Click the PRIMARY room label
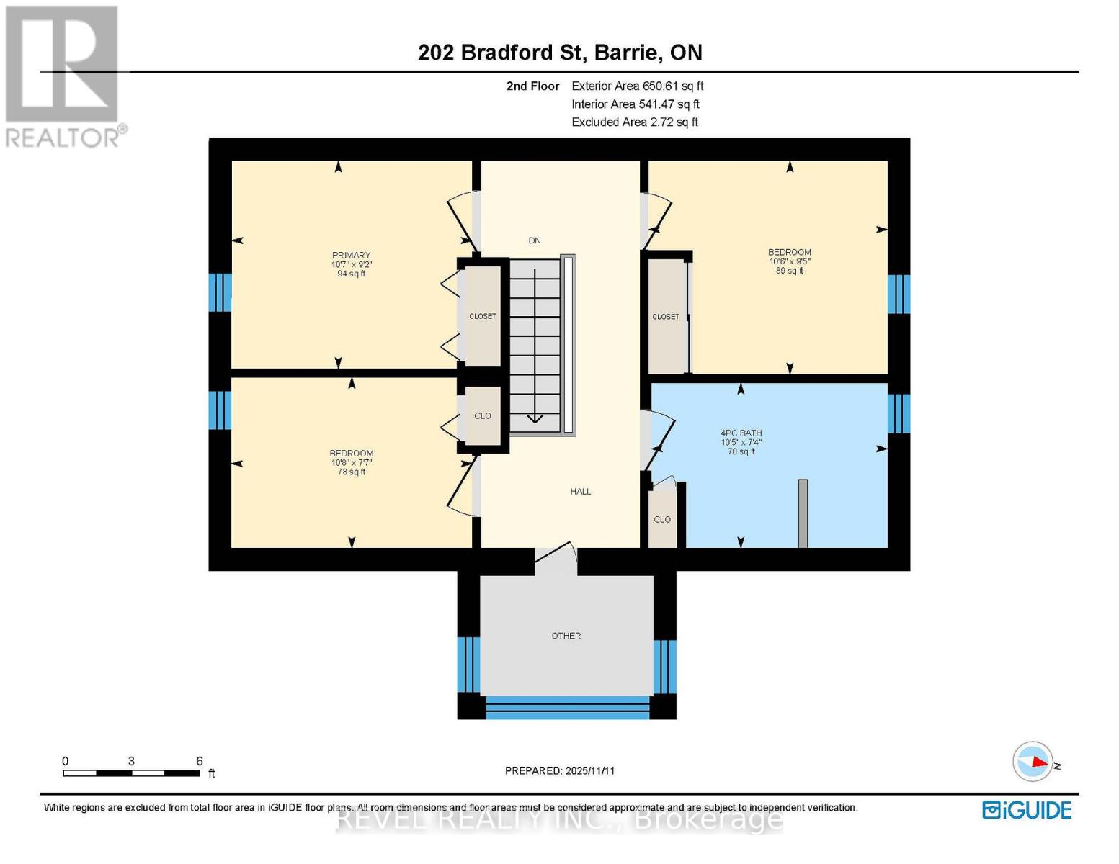tap(351, 255)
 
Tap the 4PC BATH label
tap(741, 433)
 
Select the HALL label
tap(580, 492)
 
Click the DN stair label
tap(534, 240)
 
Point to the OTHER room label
tap(566, 636)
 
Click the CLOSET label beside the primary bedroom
tap(482, 316)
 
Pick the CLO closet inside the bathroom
tap(662, 519)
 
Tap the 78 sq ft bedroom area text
tap(352, 472)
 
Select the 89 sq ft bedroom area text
tap(790, 271)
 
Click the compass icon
tap(1033, 761)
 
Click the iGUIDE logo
tap(1027, 810)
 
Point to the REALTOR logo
tap(63, 76)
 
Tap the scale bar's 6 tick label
tap(200, 761)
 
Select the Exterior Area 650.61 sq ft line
tap(637, 86)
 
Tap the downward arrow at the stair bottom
tap(535, 418)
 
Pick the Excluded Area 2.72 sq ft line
tap(634, 122)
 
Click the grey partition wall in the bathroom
tap(803, 513)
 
